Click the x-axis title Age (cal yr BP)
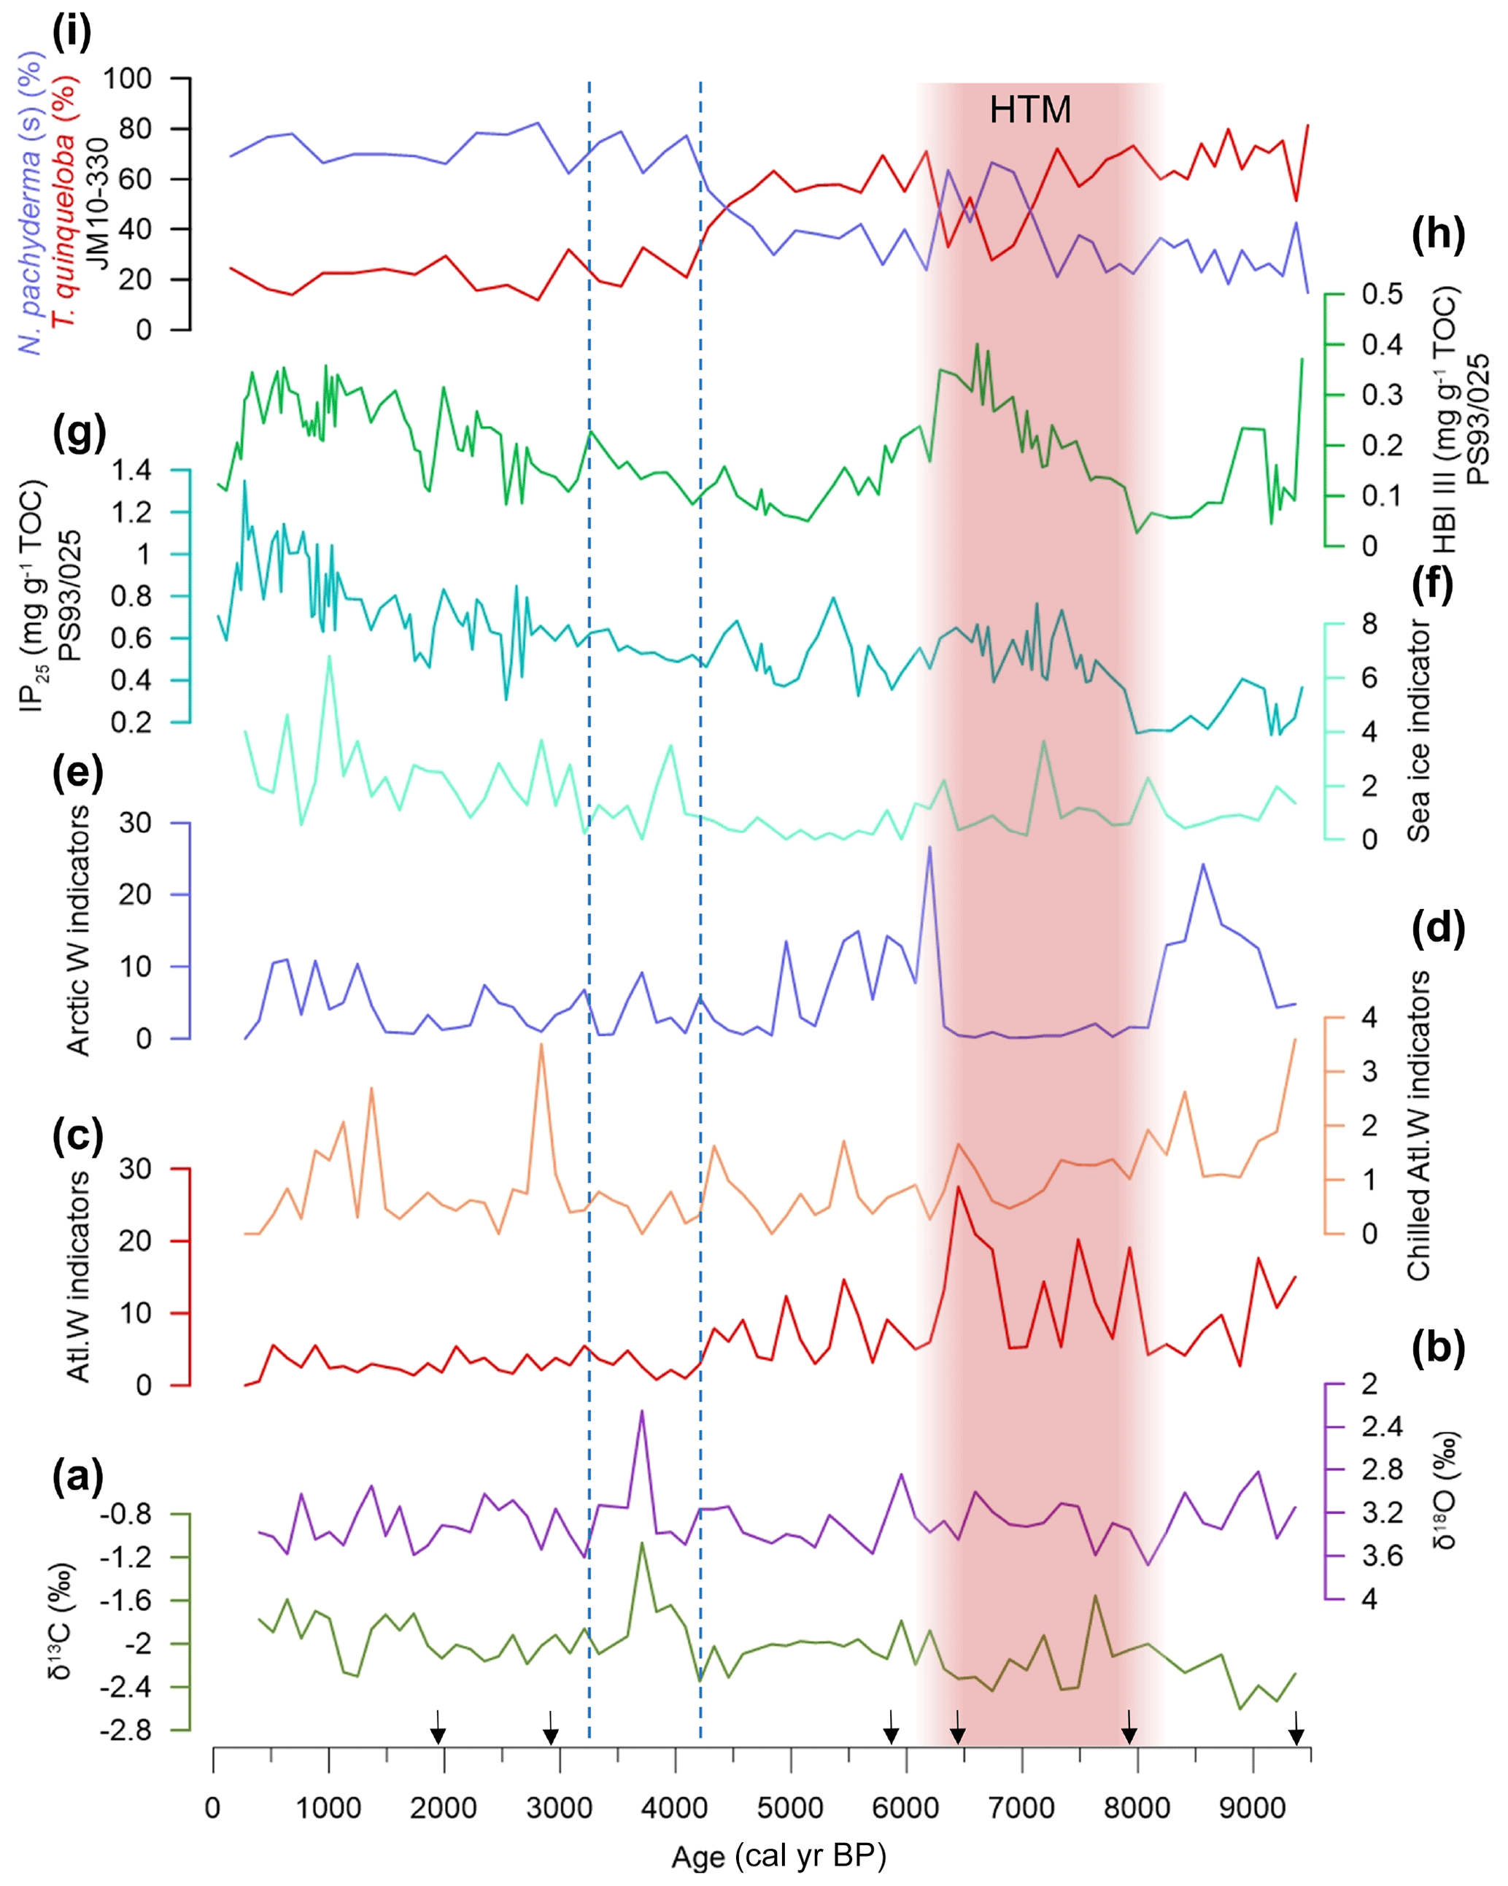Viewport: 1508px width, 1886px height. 778,1855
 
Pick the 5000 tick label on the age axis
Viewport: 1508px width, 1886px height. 790,1806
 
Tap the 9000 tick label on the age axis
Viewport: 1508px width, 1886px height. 1252,1806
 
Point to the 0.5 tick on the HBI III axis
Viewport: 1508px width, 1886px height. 1381,295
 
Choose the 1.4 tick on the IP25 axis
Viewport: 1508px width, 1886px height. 131,471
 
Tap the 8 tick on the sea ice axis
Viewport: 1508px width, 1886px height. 1369,624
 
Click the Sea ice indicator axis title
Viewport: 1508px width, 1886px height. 1417,731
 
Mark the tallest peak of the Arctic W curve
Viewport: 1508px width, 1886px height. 929,847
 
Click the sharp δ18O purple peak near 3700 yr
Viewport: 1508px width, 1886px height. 642,1411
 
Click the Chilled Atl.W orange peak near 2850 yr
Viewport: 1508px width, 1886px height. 541,1046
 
